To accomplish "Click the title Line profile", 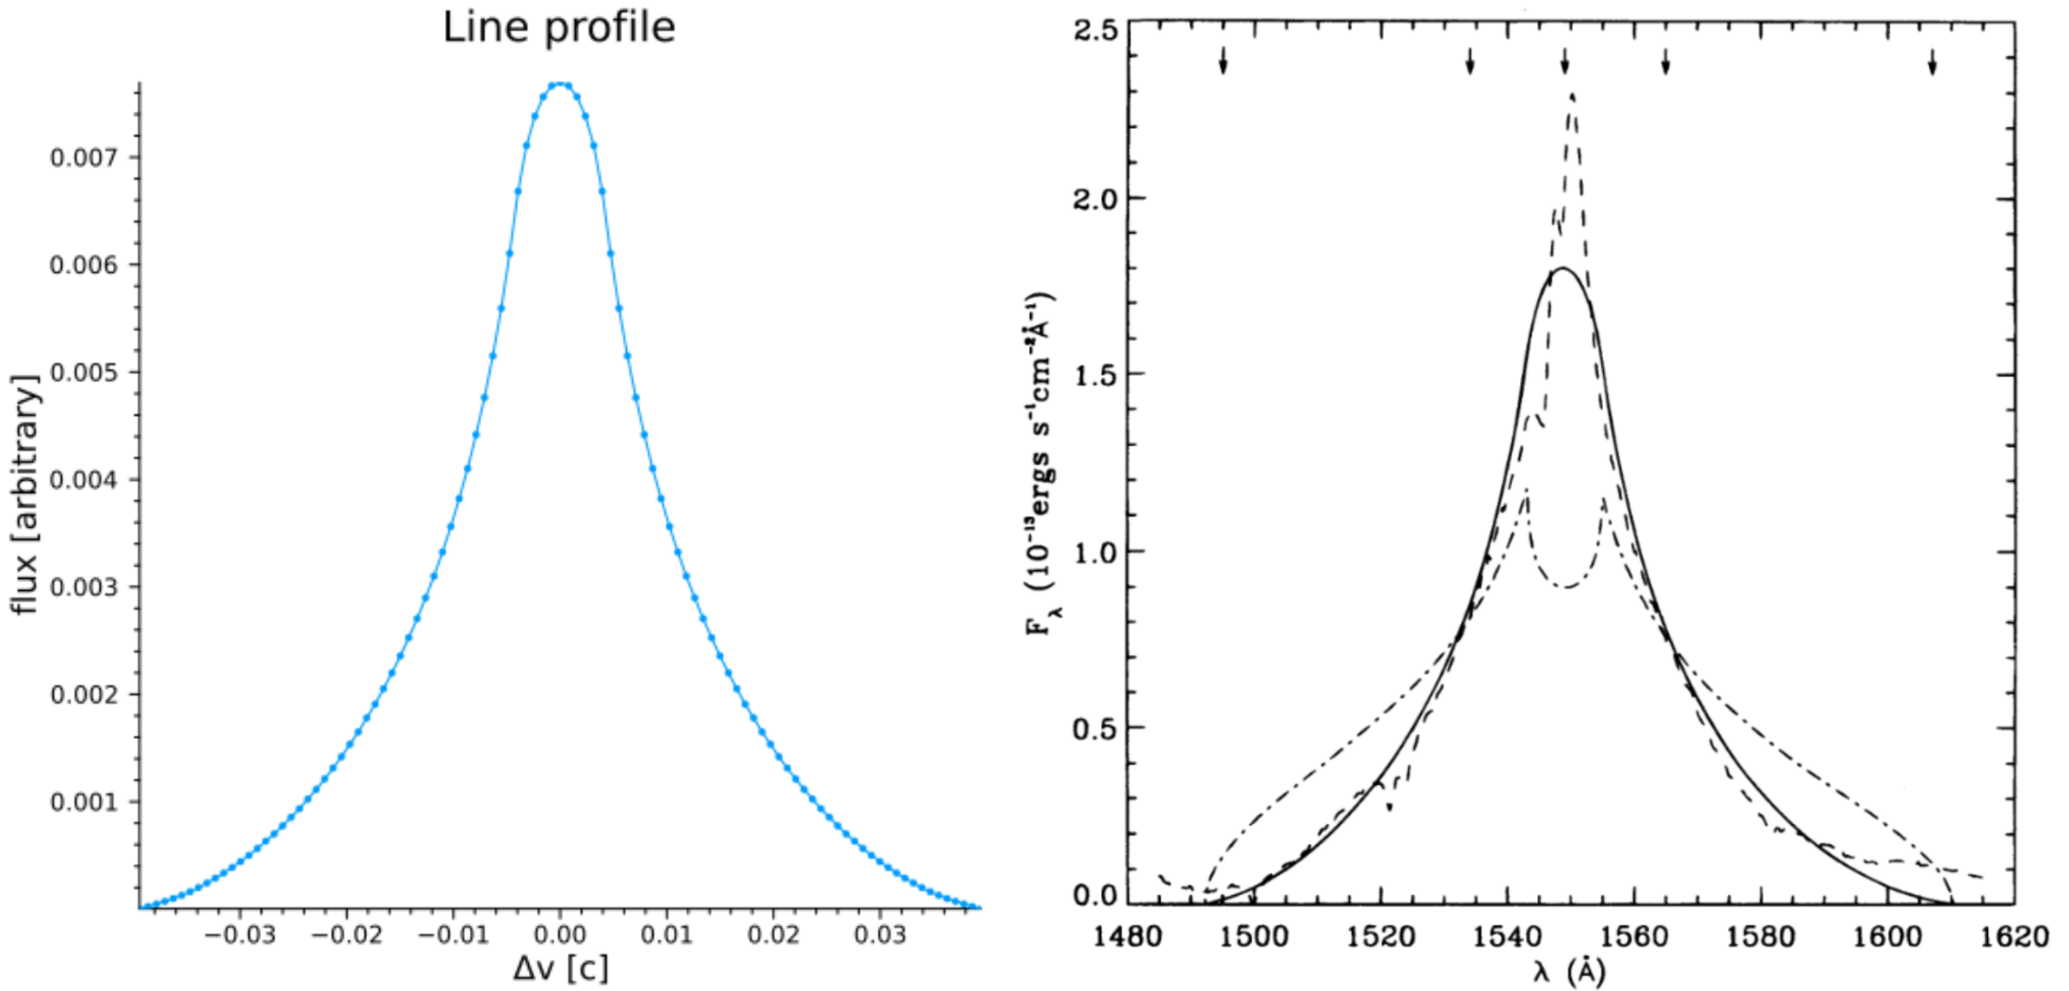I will coord(559,28).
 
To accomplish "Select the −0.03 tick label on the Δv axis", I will coord(240,935).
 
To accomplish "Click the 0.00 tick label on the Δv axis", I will coord(560,935).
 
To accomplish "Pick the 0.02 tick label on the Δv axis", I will coord(774,935).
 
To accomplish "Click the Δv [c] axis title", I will coord(560,969).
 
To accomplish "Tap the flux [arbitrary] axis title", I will coord(26,495).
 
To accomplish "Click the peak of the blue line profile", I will coord(560,84).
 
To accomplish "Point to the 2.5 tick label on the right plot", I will coord(1096,30).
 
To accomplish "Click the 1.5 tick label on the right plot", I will coord(1096,376).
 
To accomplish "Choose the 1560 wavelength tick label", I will coord(1634,937).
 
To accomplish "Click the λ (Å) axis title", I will coord(1568,971).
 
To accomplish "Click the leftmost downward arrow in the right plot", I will coord(1223,61).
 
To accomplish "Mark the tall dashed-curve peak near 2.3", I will coord(1572,94).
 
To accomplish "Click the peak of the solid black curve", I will coord(1563,269).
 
